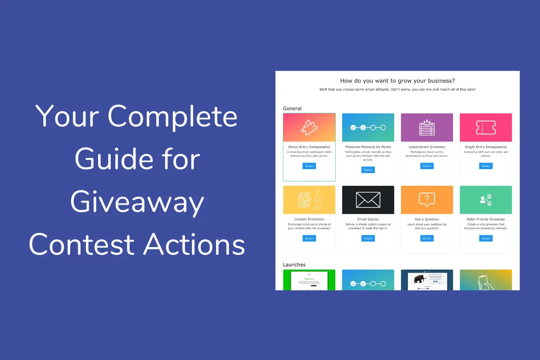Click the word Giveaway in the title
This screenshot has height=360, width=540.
[x=137, y=202]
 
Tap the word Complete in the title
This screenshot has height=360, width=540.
[x=173, y=117]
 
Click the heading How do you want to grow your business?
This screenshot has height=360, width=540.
[x=397, y=81]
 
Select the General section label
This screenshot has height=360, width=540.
[x=292, y=108]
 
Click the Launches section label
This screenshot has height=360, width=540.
[x=294, y=265]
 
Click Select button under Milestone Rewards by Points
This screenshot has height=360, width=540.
[x=368, y=170]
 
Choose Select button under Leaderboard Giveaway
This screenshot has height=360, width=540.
[x=427, y=166]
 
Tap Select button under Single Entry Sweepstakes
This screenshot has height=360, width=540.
[x=486, y=166]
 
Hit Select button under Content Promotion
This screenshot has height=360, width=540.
[x=309, y=238]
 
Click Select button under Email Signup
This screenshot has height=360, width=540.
[x=368, y=238]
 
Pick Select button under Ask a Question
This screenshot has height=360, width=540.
[x=427, y=238]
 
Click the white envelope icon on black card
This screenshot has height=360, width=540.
[x=368, y=200]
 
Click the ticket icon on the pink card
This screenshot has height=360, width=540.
[x=486, y=127]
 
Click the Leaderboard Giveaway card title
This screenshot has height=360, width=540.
[x=427, y=147]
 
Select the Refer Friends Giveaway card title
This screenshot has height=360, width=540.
[x=486, y=219]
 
